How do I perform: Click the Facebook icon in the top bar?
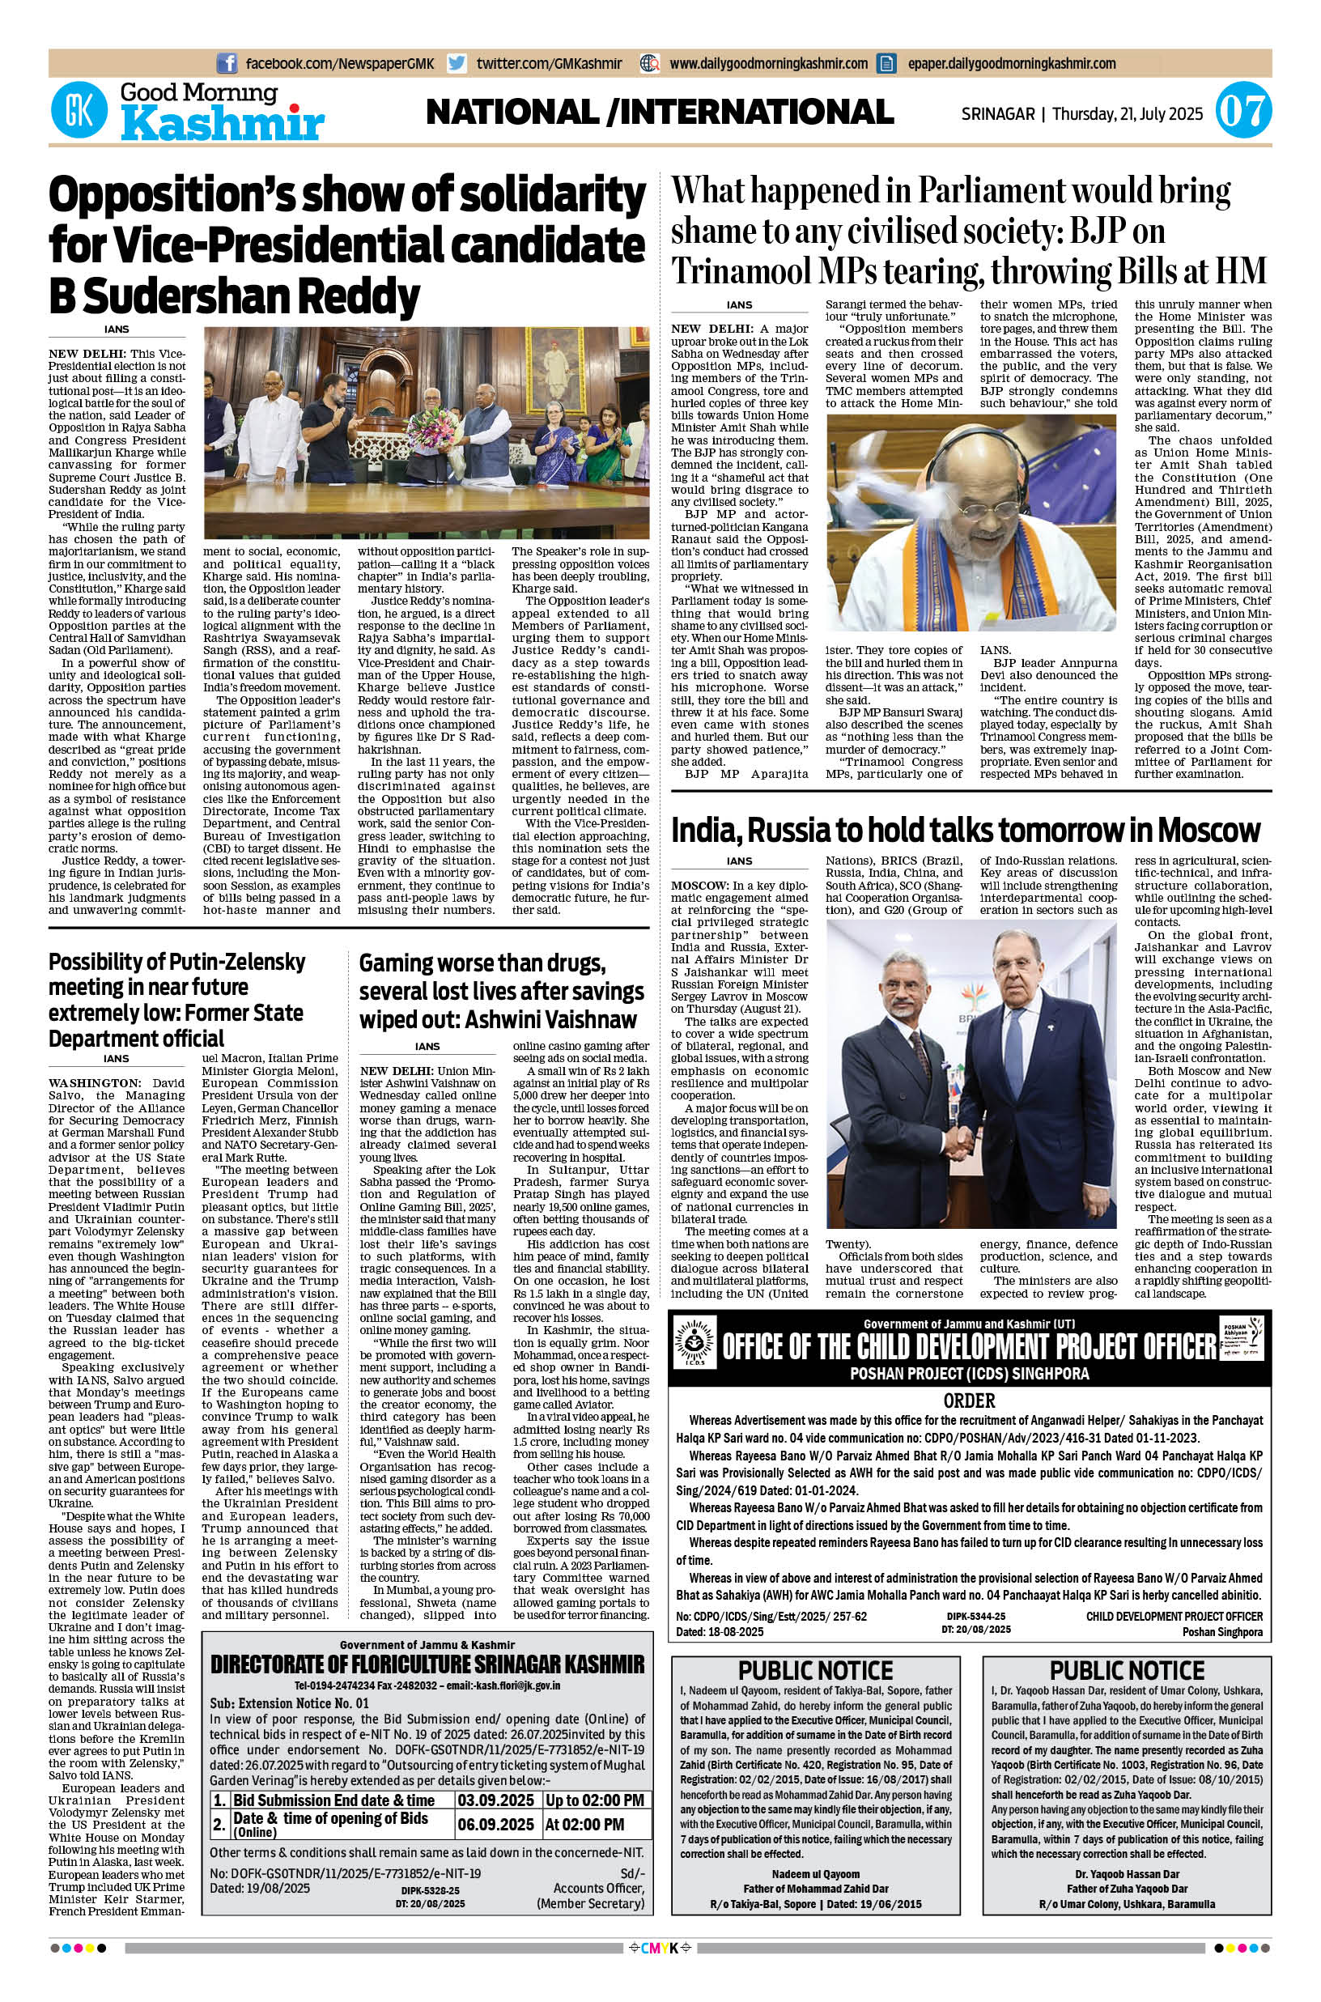pos(227,63)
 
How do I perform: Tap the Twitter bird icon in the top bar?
pos(457,63)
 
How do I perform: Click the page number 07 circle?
pos(1242,113)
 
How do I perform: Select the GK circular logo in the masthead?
pos(80,112)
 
